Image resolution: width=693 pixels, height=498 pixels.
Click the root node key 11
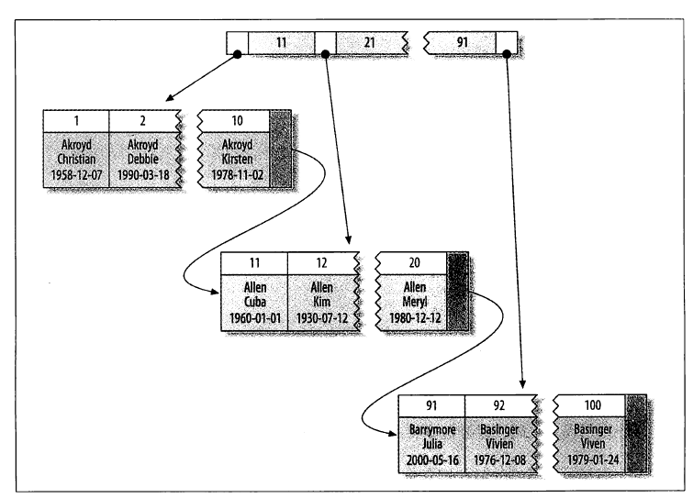(280, 41)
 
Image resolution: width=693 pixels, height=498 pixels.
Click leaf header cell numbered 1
(76, 120)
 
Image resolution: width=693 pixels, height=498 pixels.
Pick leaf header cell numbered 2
(143, 120)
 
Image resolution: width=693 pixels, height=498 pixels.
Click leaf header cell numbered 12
(321, 261)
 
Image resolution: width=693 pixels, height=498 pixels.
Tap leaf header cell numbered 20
(410, 261)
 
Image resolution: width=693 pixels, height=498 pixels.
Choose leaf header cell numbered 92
(499, 404)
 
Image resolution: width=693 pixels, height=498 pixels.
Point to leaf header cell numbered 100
(588, 404)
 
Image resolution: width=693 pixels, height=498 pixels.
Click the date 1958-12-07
(76, 173)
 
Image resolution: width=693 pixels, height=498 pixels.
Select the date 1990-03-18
(143, 173)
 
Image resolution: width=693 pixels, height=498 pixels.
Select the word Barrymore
(432, 427)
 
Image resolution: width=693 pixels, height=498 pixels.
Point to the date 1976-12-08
(499, 459)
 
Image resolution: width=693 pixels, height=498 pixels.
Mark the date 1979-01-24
(588, 459)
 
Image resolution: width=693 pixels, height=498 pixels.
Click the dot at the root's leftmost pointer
(237, 55)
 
